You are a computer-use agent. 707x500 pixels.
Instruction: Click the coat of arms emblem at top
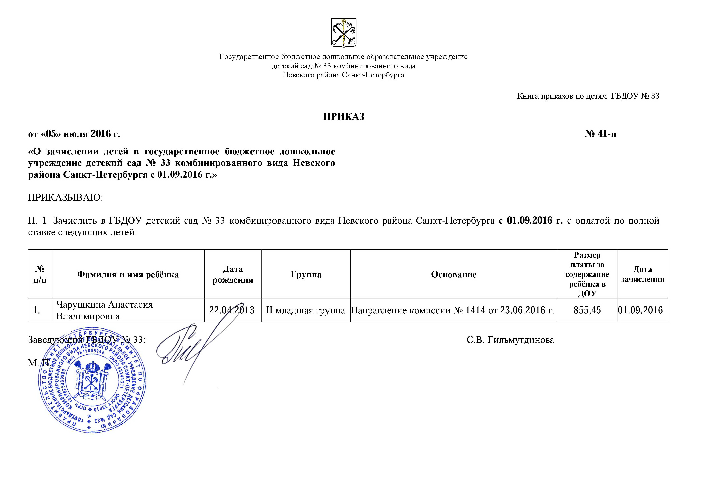pos(343,33)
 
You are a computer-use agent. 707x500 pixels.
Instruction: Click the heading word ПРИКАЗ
pos(344,117)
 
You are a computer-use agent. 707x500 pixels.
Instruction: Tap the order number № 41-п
pos(600,134)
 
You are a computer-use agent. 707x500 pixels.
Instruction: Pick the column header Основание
pos(454,274)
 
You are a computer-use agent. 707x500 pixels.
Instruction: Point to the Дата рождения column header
pos(233,274)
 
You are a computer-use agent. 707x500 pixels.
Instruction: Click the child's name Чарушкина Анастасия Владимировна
pos(104,310)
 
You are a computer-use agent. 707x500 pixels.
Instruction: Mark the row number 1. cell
pos(37,310)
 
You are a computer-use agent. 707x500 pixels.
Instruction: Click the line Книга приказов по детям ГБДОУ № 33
pos(588,96)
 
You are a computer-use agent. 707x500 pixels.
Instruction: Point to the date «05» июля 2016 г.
pos(74,134)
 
